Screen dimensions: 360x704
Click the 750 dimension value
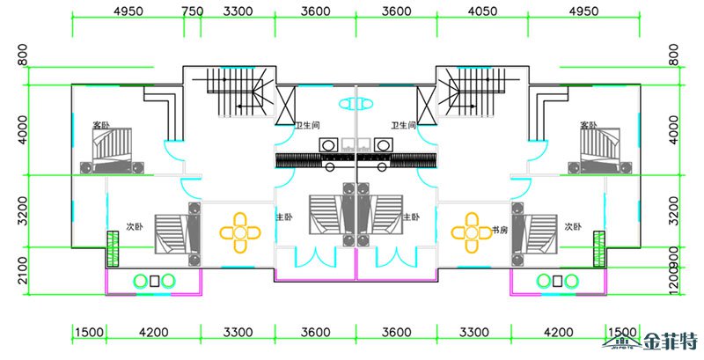[x=193, y=11]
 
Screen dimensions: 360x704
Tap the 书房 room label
[x=500, y=231]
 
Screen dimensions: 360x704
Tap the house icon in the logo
[x=626, y=342]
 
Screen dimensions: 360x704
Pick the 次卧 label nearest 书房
[x=573, y=227]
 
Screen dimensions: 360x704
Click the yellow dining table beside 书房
[x=471, y=232]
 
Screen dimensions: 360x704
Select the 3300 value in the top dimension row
[x=238, y=11]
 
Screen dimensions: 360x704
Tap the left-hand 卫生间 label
[x=307, y=125]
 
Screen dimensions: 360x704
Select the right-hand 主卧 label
[x=411, y=217]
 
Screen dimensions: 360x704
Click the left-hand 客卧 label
[x=101, y=125]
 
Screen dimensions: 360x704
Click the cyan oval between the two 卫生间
[x=356, y=103]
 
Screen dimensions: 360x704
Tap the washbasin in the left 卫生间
[x=328, y=143]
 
